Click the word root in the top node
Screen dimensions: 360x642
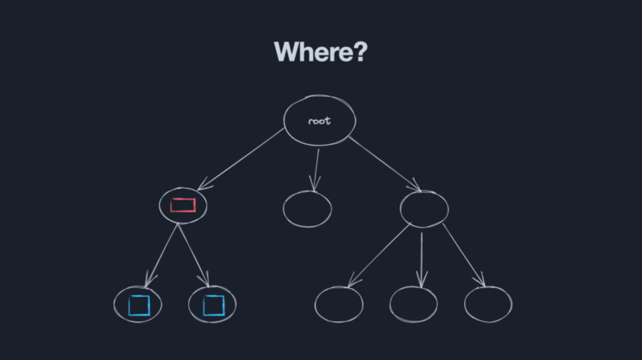coord(319,121)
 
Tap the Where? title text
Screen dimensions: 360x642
coord(321,52)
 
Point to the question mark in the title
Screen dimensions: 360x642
coord(360,51)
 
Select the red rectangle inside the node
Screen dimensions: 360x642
coord(183,205)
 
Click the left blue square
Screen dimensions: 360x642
coord(139,305)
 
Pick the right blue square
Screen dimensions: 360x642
coord(214,305)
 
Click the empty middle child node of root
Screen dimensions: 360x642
coord(307,209)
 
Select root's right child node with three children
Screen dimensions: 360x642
coord(424,209)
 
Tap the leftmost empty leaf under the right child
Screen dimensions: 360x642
coord(339,304)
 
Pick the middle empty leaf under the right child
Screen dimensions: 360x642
coord(413,304)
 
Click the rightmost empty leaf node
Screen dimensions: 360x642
coord(488,304)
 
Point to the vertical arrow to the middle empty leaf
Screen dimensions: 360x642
coord(422,259)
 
